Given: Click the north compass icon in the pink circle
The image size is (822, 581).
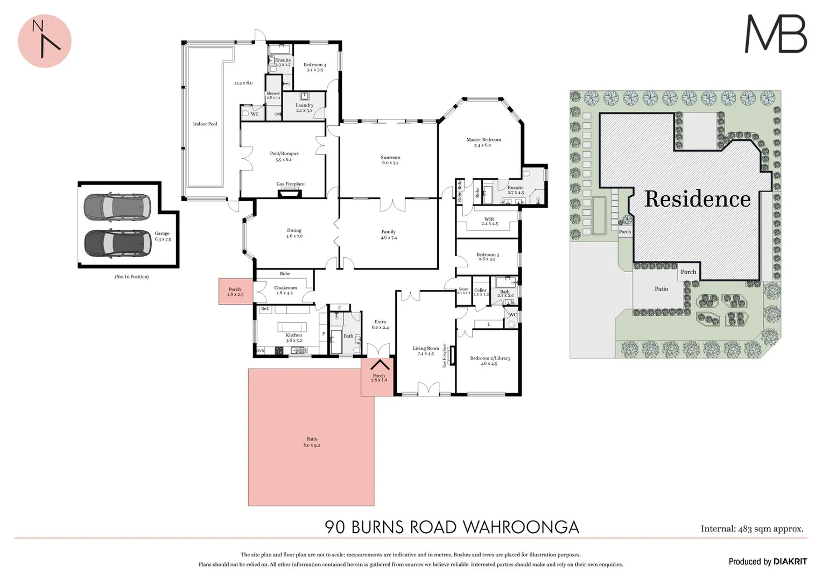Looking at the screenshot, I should pos(45,40).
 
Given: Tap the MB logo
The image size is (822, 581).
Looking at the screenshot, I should pos(775,34).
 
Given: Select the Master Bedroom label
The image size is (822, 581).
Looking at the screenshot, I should pos(483,142).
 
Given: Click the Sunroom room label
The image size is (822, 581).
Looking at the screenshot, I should pos(390,160).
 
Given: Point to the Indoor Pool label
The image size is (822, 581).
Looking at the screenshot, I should pos(205,124).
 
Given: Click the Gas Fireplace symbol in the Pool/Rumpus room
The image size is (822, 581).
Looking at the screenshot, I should pos(291,190).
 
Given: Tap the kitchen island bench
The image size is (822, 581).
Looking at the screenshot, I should pos(292,327).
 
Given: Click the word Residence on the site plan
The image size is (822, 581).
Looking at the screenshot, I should pos(697,199).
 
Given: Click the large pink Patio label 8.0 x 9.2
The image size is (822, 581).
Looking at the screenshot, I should pos(311,442).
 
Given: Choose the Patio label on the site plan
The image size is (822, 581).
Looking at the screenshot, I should pos(661,289).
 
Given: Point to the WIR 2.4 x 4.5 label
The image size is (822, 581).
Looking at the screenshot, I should pos(489,221).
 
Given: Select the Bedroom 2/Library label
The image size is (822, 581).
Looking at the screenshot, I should pos(490,360).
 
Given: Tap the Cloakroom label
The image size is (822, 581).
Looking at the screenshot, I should pos(285,290).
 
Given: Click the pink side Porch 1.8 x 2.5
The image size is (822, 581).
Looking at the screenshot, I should pos(235,292).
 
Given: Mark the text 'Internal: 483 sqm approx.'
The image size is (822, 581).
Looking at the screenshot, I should pos(751,528).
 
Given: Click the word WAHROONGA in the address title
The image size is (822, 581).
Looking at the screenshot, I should pos(521,527).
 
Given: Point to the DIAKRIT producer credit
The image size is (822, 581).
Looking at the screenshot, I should pos(790,561).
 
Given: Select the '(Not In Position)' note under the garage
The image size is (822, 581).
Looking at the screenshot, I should pos(131,277).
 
